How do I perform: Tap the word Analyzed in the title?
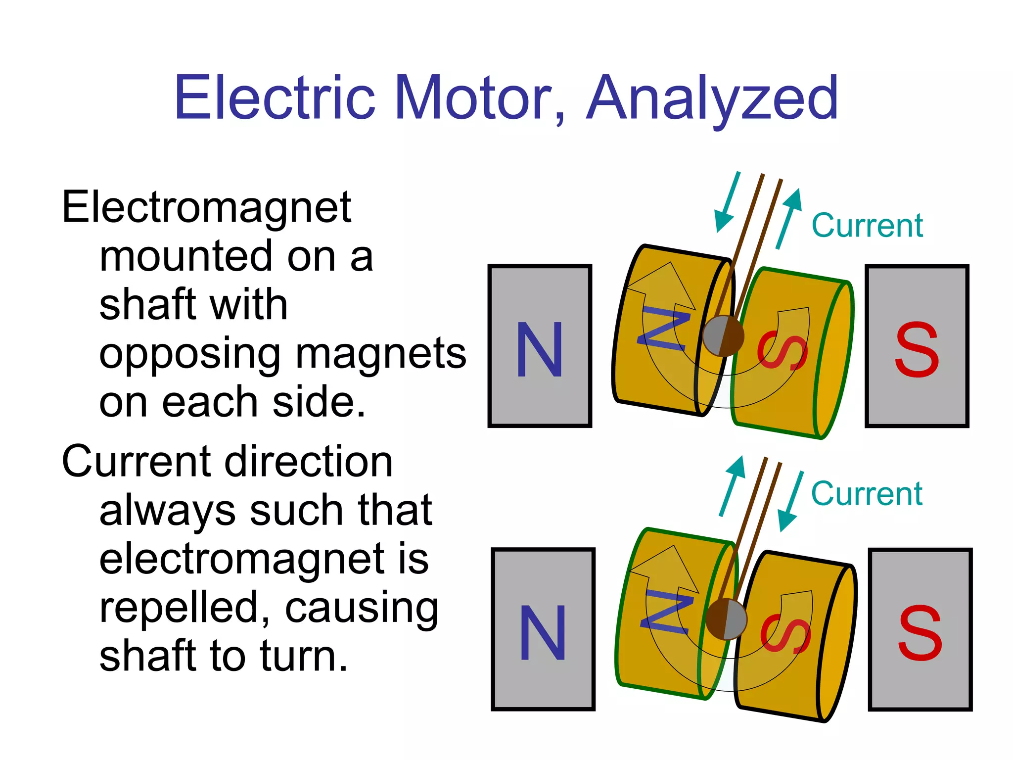click(712, 99)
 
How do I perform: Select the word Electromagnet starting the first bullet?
click(206, 208)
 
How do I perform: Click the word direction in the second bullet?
click(309, 462)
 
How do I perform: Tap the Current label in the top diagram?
click(867, 226)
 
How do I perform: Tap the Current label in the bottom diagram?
click(867, 493)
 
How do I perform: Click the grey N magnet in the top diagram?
click(540, 346)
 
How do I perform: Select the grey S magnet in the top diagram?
click(917, 346)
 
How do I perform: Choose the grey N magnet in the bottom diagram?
click(543, 629)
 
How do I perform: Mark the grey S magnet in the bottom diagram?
click(920, 629)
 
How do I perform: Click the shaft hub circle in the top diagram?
click(723, 336)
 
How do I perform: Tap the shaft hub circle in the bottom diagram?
click(726, 619)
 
